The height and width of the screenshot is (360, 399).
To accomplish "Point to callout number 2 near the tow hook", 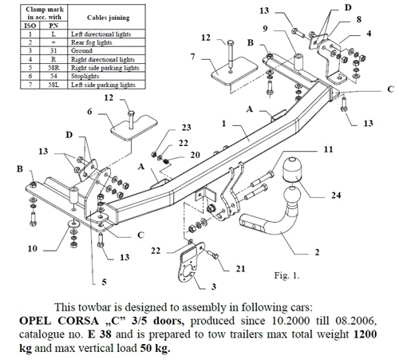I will (x=318, y=252).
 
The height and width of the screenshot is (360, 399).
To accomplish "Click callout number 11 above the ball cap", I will (x=328, y=150).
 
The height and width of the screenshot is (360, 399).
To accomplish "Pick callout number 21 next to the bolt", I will (x=240, y=269).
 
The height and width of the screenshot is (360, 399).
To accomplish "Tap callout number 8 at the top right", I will (x=358, y=19).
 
